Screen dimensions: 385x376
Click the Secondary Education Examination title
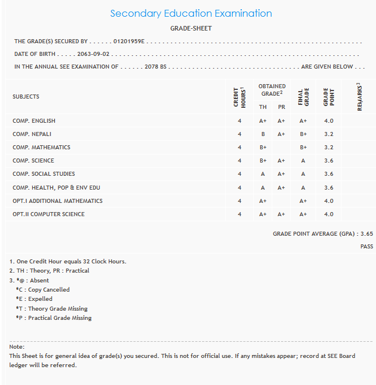tap(191, 13)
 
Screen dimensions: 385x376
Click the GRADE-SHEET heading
tap(191, 28)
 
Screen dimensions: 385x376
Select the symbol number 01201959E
tap(130, 41)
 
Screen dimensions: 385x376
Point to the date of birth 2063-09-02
tap(94, 54)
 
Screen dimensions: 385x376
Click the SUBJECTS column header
tap(26, 97)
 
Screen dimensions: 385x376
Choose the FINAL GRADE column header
tap(303, 97)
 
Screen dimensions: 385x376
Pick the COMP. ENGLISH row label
tap(34, 121)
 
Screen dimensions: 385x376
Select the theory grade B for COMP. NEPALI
tap(263, 134)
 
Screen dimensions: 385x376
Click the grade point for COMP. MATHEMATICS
tap(328, 148)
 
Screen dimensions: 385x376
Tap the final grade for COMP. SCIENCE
tap(303, 161)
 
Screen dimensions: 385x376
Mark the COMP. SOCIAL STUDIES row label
tap(44, 174)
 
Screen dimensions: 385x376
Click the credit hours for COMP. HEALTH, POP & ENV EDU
tap(240, 188)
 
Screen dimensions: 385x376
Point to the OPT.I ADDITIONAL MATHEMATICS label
tap(58, 201)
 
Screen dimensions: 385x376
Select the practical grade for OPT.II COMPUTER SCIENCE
tap(282, 214)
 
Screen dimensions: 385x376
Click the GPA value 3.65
tap(366, 234)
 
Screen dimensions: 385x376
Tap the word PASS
tap(367, 247)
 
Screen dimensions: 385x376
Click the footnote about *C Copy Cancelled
tap(43, 290)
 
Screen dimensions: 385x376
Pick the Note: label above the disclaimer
tap(17, 347)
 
